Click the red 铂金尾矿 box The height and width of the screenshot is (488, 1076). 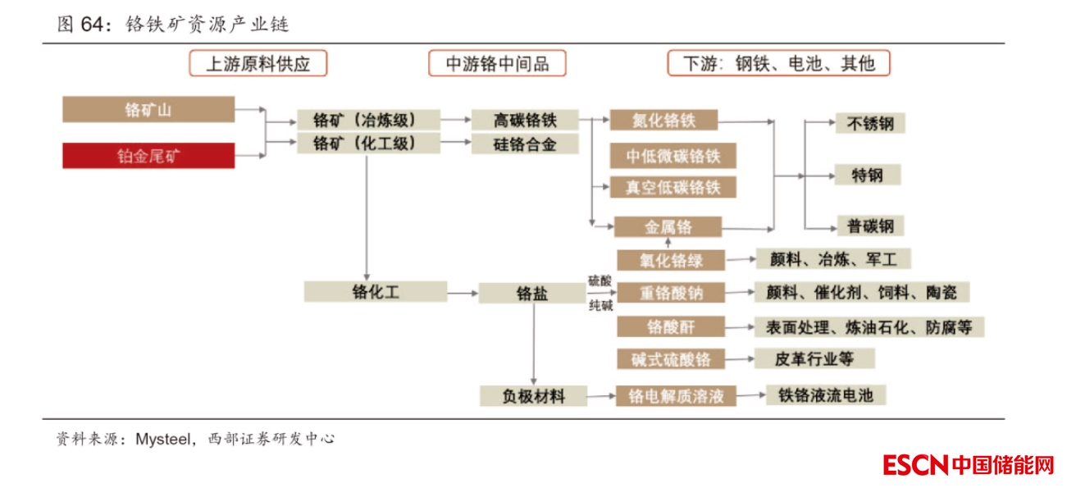pos(148,156)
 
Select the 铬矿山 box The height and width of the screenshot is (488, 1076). pos(148,109)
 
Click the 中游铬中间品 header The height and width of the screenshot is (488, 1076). pos(497,64)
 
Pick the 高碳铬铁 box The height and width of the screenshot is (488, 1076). pos(525,120)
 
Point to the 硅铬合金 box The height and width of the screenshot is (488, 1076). pos(525,144)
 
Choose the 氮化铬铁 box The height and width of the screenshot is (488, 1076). pos(663,120)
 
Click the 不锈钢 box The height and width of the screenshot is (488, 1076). pos(870,124)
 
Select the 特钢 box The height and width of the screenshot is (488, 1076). pos(870,175)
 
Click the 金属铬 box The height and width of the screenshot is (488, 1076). pos(668,226)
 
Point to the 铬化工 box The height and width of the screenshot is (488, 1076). pos(375,291)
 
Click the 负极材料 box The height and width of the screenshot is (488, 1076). pos(534,396)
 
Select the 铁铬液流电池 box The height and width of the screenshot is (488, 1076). pos(826,395)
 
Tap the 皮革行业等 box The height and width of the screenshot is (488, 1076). pos(814,358)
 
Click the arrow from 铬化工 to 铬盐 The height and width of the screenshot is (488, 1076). pos(463,292)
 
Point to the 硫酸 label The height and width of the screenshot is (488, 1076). pos(600,280)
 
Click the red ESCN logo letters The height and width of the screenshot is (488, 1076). pos(915,466)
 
